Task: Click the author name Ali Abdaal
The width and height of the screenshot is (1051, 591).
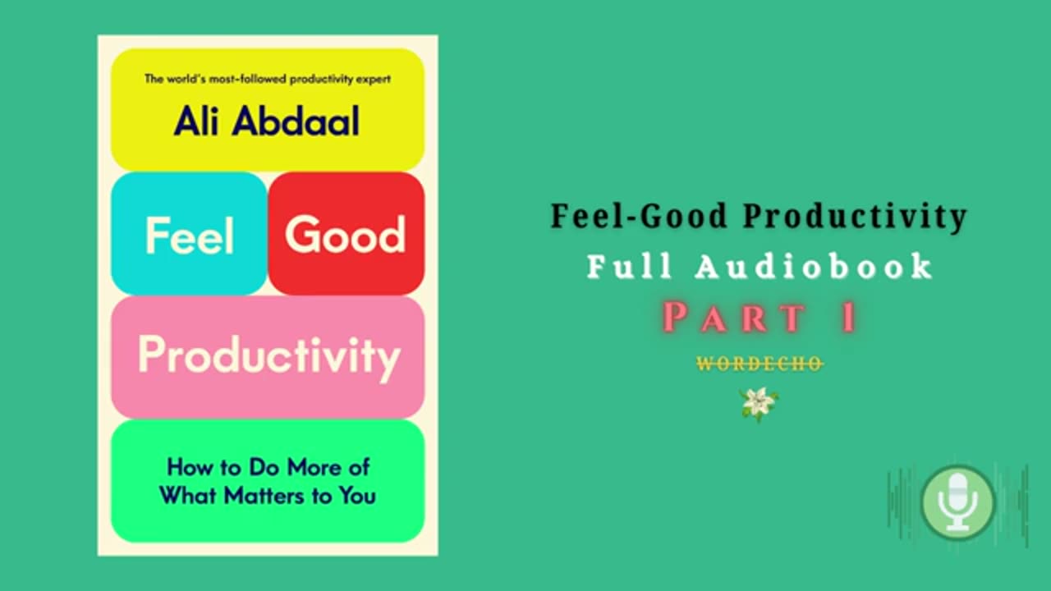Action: click(267, 121)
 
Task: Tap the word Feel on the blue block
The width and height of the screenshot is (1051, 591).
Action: click(190, 236)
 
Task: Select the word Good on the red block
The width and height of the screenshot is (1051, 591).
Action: click(345, 236)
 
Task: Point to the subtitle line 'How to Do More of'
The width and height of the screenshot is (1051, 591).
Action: click(268, 467)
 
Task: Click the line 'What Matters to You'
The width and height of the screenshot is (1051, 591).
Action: click(268, 495)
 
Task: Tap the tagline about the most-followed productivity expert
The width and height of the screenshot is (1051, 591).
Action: click(267, 80)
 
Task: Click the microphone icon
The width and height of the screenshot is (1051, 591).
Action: click(957, 503)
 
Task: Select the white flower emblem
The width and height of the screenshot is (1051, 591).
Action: click(759, 404)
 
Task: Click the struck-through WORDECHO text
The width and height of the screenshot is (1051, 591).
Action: click(760, 364)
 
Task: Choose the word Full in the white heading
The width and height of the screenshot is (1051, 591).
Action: click(629, 267)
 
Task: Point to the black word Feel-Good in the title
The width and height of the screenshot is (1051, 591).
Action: click(639, 216)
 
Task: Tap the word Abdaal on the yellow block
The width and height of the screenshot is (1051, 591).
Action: click(296, 121)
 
